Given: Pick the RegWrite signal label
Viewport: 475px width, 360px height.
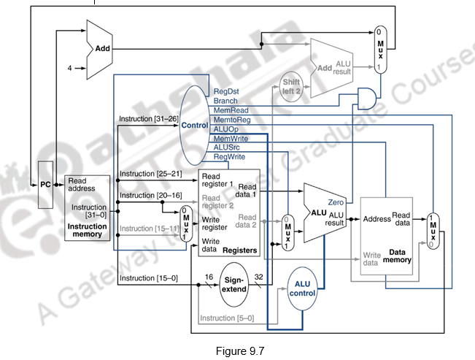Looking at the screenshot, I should pos(229,156).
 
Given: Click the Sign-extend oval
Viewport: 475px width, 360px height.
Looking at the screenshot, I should pos(234,283).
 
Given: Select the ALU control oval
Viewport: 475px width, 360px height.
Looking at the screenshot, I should pos(302,288).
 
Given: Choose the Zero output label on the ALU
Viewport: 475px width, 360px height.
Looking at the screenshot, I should pos(336,201).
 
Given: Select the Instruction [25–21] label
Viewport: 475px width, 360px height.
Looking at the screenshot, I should pos(150,173).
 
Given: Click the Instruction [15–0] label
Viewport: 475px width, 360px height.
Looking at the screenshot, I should pos(147,278).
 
